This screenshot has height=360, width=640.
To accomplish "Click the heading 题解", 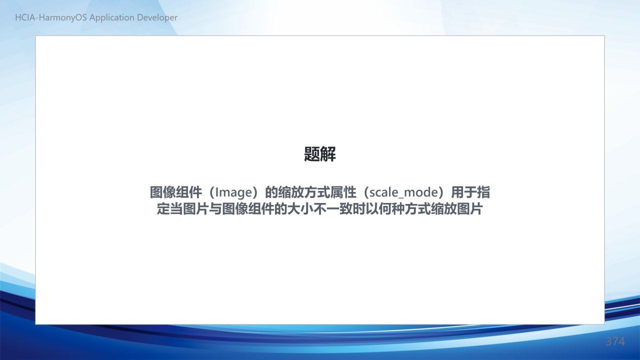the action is (319, 154).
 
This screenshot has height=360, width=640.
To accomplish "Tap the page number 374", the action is (615, 341).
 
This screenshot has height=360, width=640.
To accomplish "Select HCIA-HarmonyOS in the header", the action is (51, 17).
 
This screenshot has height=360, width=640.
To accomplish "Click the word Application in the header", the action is (112, 17).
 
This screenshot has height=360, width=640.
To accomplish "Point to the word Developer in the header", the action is (157, 17).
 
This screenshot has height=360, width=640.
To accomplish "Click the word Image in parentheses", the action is (233, 192).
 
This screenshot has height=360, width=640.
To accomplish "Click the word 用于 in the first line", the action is (464, 192).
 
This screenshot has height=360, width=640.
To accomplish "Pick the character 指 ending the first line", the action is (483, 192).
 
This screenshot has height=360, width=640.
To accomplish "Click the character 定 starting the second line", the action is (163, 209).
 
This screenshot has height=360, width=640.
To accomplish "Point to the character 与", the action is (215, 209).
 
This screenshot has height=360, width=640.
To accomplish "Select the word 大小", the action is (300, 209).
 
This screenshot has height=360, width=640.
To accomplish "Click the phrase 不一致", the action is (333, 209).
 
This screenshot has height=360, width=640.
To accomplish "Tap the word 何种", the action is (391, 209).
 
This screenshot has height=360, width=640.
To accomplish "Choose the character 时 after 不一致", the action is (359, 209).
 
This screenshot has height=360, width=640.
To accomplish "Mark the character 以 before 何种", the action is (372, 209).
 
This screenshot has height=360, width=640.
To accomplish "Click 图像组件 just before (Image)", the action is (176, 192).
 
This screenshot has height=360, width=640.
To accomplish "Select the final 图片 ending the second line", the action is (470, 209).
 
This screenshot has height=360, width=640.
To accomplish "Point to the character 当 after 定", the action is (176, 209).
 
